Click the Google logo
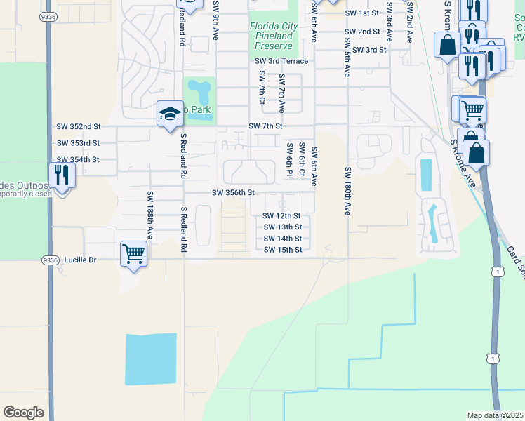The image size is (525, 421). coord(23,413)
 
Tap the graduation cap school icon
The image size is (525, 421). coord(170,114)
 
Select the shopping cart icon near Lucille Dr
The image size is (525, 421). coord(133,253)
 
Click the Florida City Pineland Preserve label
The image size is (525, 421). coord(272,36)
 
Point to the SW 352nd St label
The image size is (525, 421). coord(79,126)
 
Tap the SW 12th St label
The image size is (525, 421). coord(282,216)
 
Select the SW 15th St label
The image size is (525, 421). coord(283,250)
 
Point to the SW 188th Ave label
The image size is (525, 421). coord(149,215)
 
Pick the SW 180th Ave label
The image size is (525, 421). coord(347,191)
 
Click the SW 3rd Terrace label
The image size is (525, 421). coord(281,62)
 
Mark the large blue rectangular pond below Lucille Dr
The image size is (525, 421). coord(150,359)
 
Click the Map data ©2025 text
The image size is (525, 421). coord(494,415)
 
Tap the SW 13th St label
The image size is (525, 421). coord(283,227)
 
